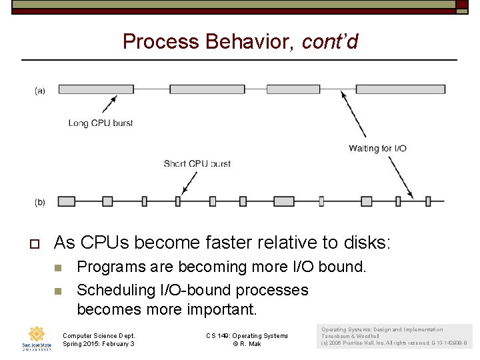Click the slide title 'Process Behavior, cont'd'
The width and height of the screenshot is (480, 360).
click(240, 42)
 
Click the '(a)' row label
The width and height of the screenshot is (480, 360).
click(40, 90)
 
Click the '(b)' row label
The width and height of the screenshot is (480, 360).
click(40, 201)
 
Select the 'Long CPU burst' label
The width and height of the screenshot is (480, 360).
click(101, 123)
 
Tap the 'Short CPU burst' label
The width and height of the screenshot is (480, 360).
click(197, 163)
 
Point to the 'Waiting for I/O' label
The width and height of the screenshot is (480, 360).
click(377, 148)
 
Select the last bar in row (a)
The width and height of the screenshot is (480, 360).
click(401, 89)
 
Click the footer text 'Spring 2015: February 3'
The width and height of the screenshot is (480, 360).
click(99, 343)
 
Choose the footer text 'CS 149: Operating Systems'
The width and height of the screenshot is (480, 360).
click(247, 335)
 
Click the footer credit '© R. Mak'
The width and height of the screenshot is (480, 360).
click(248, 343)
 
